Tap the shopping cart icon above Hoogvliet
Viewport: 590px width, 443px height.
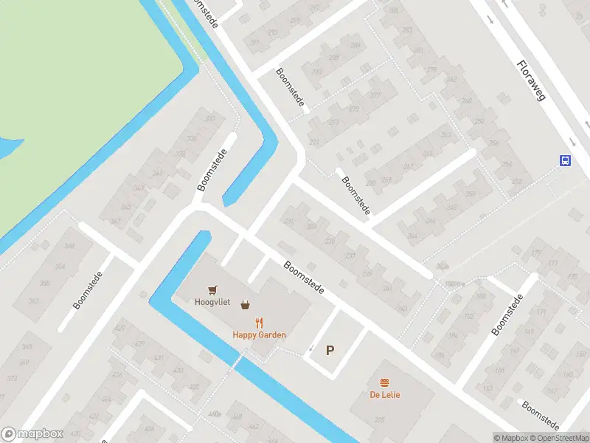pyautogui.click(x=213, y=289)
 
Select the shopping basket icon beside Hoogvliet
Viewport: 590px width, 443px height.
pyautogui.click(x=244, y=304)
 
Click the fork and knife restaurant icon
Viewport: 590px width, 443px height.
pyautogui.click(x=259, y=322)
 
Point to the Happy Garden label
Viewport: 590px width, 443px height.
pyautogui.click(x=259, y=335)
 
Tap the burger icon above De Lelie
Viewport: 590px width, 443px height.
pyautogui.click(x=384, y=382)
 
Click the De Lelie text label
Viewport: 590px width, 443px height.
pyautogui.click(x=385, y=395)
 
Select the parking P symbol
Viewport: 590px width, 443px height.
pyautogui.click(x=330, y=351)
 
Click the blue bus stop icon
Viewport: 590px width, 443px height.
pyautogui.click(x=565, y=160)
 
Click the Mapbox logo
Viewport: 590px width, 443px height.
pyautogui.click(x=32, y=434)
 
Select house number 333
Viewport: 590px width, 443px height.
pyautogui.click(x=210, y=119)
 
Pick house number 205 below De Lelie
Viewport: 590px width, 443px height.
pyautogui.click(x=378, y=419)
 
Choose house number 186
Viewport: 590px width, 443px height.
pyautogui.click(x=440, y=355)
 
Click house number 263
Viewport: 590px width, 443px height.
pyautogui.click(x=445, y=135)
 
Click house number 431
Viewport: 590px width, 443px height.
pyautogui.click(x=159, y=358)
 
